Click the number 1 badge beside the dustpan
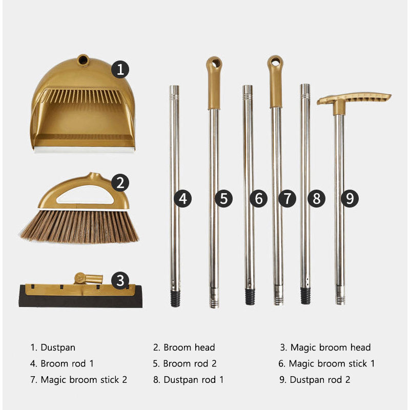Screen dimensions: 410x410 tap(120, 69)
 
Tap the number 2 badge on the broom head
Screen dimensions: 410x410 tap(120, 183)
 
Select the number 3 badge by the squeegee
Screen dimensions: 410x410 tap(120, 280)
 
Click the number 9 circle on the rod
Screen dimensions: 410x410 tap(350, 198)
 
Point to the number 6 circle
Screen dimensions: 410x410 tap(258, 198)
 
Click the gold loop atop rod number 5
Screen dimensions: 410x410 tap(214, 66)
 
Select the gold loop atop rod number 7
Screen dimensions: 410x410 tap(276, 66)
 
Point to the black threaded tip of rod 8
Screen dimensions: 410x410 tap(306, 296)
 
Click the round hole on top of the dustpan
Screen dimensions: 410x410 tap(83, 61)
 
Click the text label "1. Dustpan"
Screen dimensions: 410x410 tap(53, 347)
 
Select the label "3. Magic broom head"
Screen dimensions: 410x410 tap(325, 347)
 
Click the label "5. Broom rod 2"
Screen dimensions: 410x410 tap(185, 363)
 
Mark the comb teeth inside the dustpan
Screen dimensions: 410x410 tap(82, 97)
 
